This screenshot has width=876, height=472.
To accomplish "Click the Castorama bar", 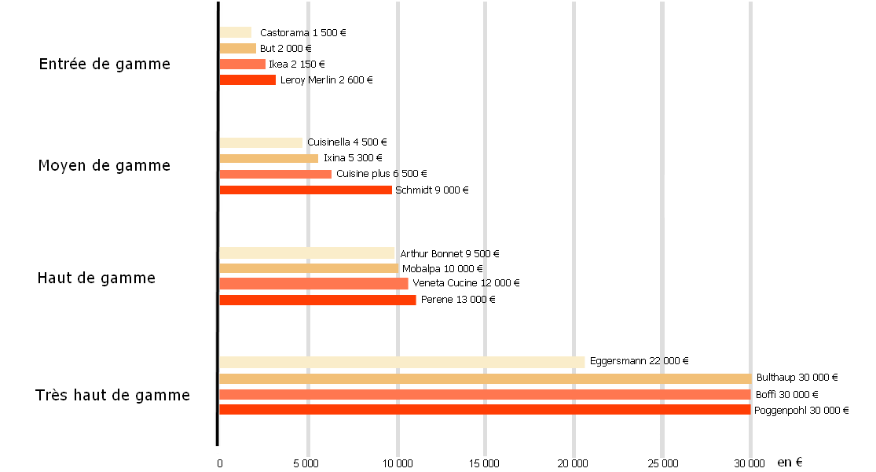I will click(x=235, y=32).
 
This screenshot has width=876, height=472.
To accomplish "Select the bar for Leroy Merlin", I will click(x=247, y=79).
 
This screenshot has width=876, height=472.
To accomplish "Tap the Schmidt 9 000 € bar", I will click(x=306, y=190).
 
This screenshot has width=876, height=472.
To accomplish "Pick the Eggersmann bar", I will click(x=402, y=362).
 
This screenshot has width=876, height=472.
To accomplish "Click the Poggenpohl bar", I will click(x=485, y=410).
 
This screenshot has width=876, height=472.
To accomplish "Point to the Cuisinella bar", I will click(x=261, y=142).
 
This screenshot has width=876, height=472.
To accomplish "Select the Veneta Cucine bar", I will click(x=313, y=283).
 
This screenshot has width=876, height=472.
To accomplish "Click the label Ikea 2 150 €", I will click(x=297, y=65).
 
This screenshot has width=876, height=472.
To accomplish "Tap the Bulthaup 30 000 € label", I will click(x=797, y=378).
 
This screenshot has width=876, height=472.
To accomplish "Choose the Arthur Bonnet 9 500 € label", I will click(x=449, y=253).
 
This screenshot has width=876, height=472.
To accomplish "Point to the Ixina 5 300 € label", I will click(x=354, y=158).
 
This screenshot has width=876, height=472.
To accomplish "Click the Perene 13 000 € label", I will click(x=458, y=300).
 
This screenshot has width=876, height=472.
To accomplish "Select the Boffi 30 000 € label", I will click(x=786, y=395).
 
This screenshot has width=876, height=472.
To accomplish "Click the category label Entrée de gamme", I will click(x=104, y=65).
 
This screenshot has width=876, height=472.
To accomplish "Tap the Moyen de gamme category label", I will click(x=104, y=166).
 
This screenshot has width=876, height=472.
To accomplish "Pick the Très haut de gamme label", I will click(x=112, y=395).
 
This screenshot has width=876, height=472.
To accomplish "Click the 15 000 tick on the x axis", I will click(x=485, y=463).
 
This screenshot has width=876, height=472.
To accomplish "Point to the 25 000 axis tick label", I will click(x=662, y=463).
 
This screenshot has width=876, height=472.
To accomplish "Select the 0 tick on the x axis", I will click(x=219, y=463).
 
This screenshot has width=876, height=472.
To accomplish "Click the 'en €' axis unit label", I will click(x=790, y=463).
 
